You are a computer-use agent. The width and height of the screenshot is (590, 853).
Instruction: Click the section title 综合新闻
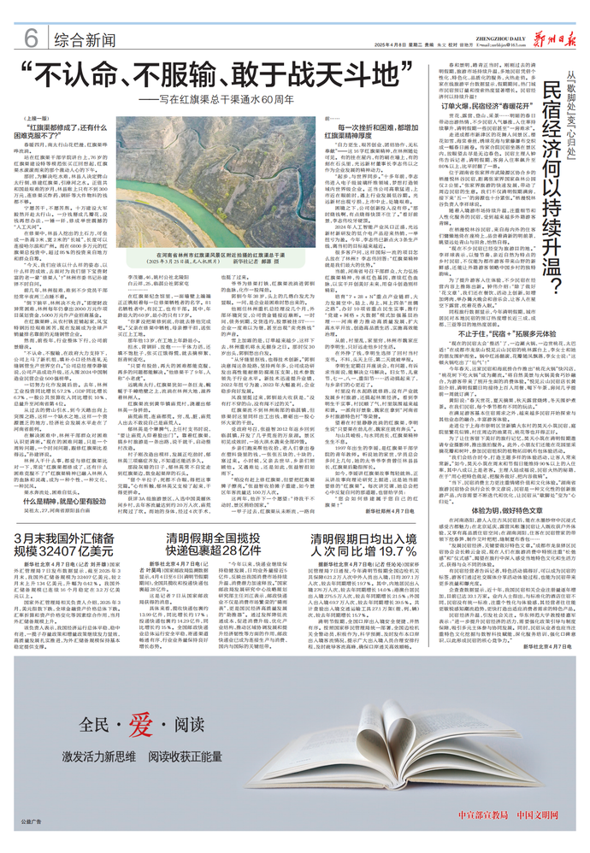(83, 39)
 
